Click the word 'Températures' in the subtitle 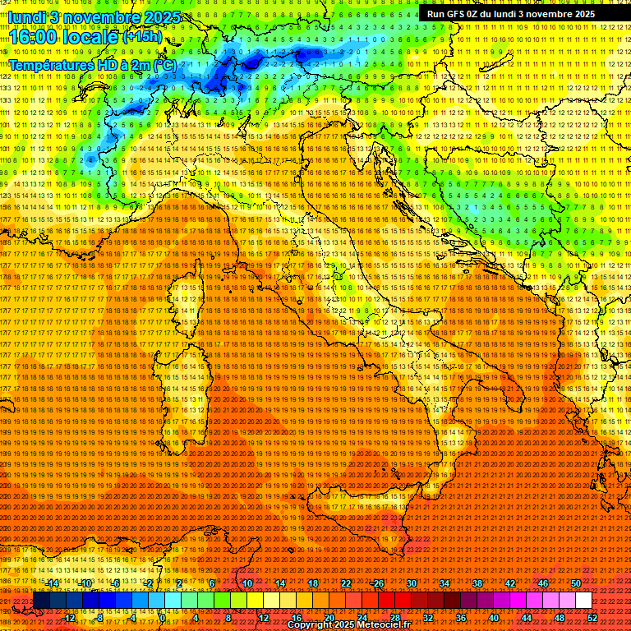tap(48, 63)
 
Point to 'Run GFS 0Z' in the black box tap(456, 14)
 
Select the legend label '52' tap(592, 617)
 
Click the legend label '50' tap(576, 583)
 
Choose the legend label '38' tap(477, 583)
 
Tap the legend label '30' tap(412, 583)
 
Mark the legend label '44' tap(527, 617)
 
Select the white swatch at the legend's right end tap(583, 600)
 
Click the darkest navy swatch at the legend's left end tap(41, 600)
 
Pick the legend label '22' tap(346, 583)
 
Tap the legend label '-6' tap(116, 583)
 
